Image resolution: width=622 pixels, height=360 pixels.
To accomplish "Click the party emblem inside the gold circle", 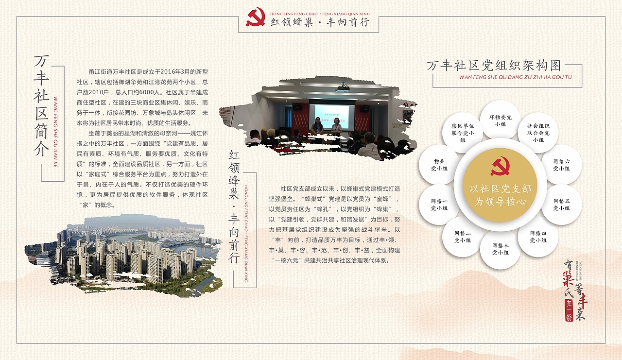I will coord(500,167).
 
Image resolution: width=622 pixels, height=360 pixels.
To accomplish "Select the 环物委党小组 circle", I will coord(500,120).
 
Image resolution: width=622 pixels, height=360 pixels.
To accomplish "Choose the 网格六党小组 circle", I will coord(561,165).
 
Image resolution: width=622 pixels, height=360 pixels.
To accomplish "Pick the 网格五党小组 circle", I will coord(561,205).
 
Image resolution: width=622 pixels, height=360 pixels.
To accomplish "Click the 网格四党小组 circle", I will coord(537,237).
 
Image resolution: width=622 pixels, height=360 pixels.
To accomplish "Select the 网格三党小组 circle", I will coord(500,249).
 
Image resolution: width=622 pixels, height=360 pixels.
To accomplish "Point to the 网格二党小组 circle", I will coord(462,237).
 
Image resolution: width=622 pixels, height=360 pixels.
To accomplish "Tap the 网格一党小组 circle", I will coord(439,205).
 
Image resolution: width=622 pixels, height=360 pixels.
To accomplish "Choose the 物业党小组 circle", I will coord(439,165).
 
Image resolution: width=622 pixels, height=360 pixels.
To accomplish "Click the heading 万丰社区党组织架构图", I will coord(494,66).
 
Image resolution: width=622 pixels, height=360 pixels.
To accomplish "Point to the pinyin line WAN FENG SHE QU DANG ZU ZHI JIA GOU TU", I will coord(515,77).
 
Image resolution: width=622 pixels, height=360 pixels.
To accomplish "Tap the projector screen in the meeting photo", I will coord(332,115).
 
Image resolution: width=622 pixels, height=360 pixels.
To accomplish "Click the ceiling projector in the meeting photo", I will coord(343,88).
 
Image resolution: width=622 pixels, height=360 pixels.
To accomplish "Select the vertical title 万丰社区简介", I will coord(42,106).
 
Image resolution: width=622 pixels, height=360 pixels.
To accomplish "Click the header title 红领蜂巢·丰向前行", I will coord(320,22).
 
